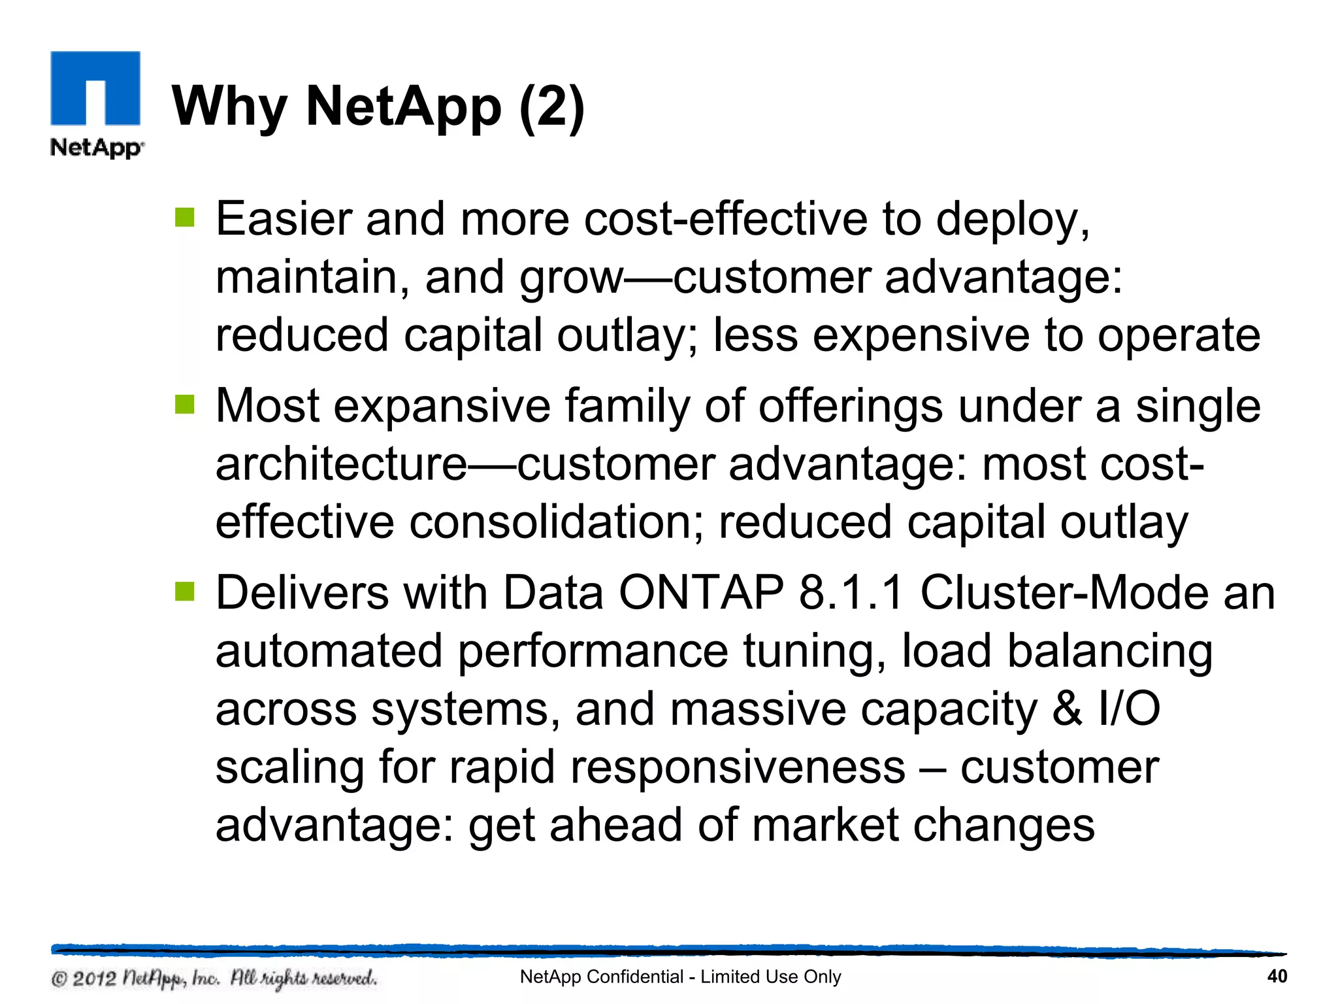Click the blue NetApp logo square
(x=95, y=88)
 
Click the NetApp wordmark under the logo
(x=97, y=148)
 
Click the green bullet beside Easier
(x=185, y=217)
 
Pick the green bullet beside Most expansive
(x=185, y=405)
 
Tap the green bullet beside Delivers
(x=185, y=592)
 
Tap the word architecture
(x=341, y=464)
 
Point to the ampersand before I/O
(x=1067, y=709)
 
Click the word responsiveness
(x=738, y=767)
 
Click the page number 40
(x=1277, y=977)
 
